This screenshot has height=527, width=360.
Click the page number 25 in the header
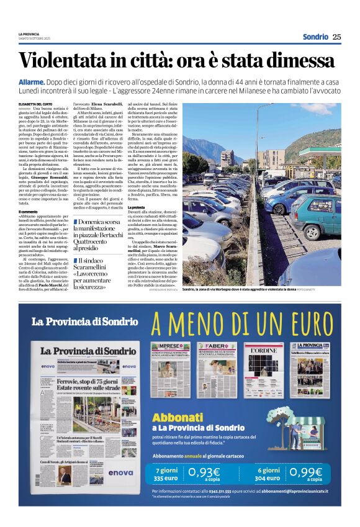click(336, 37)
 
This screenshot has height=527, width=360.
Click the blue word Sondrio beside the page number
click(315, 37)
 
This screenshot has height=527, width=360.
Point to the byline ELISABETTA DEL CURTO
click(35, 104)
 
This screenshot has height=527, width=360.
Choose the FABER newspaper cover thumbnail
click(217, 370)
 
